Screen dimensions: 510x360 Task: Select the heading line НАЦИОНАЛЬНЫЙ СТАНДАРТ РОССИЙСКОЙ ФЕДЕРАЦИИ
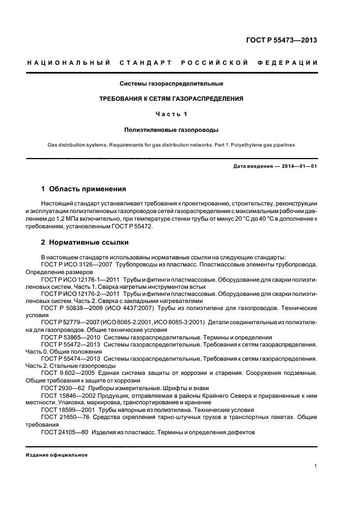tap(173, 63)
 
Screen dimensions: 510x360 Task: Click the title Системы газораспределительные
tap(172, 84)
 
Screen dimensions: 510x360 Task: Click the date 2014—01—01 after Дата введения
tap(299, 166)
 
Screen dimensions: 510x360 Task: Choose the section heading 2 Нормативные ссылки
tap(85, 242)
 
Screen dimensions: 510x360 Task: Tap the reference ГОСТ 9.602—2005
tap(69, 373)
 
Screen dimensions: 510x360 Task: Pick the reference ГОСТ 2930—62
tap(65, 387)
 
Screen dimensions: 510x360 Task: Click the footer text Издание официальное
tap(57, 454)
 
